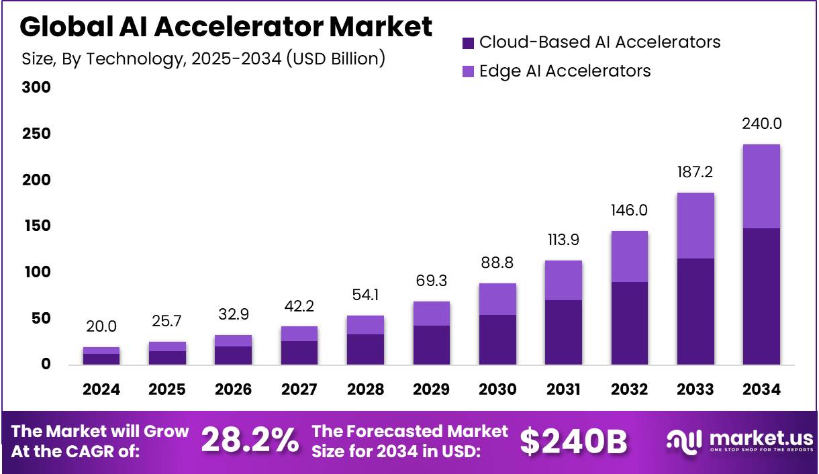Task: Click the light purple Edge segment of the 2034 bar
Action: (x=761, y=186)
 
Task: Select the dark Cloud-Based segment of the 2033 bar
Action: (x=695, y=312)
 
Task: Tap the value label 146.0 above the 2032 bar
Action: (x=629, y=211)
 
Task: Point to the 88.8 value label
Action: (x=497, y=263)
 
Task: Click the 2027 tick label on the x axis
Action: (x=299, y=390)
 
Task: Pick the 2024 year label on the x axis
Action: (x=101, y=390)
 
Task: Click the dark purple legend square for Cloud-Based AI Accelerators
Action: (x=469, y=43)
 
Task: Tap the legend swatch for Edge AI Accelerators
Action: (x=469, y=71)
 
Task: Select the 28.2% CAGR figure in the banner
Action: (x=250, y=441)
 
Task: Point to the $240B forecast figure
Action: (x=573, y=441)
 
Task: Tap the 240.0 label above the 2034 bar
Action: (x=761, y=124)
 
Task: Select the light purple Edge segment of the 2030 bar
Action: (x=497, y=299)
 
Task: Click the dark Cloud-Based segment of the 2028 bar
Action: (x=365, y=349)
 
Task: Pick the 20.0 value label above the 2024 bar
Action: (x=101, y=327)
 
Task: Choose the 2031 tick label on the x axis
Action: (x=563, y=390)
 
